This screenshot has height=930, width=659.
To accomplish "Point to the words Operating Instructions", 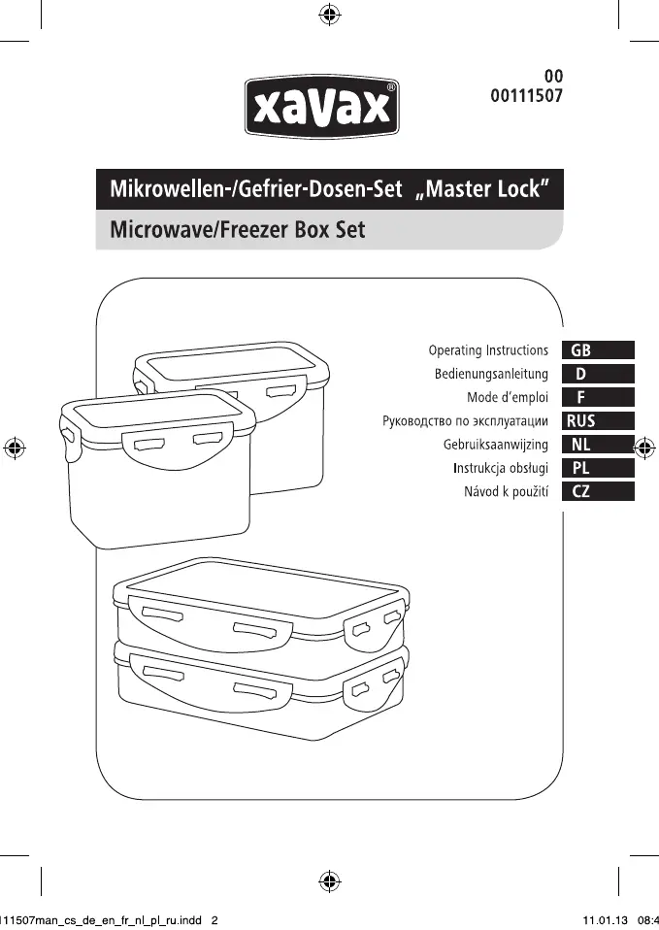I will (x=488, y=349).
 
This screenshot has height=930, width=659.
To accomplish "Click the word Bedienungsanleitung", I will (x=491, y=374).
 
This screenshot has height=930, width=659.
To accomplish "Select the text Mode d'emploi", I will (x=508, y=397).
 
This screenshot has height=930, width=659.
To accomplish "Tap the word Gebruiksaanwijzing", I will (x=496, y=445).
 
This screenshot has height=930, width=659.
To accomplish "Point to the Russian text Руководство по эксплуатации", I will (x=466, y=421).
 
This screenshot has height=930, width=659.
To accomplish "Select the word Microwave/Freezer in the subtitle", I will (x=194, y=232).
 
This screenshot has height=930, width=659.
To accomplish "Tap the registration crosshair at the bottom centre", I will (x=329, y=880).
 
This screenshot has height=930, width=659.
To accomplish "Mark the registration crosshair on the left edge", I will (x=14, y=448).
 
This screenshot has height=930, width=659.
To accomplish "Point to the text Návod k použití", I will (x=506, y=492).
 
